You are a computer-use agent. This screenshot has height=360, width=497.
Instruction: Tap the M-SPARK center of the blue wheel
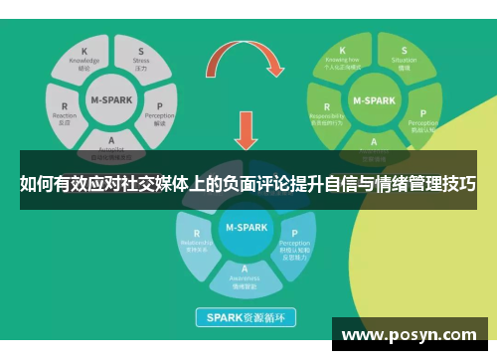pos(245,227)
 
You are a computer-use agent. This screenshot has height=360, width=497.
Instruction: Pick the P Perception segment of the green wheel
pos(421,117)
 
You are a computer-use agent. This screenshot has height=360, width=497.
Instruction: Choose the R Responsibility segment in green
pos(328,113)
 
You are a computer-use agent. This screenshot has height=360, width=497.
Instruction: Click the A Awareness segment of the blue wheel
pos(244,273)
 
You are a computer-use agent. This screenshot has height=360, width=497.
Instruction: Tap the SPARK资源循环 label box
pos(245,319)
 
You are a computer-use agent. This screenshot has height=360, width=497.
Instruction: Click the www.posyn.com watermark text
pos(410,334)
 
